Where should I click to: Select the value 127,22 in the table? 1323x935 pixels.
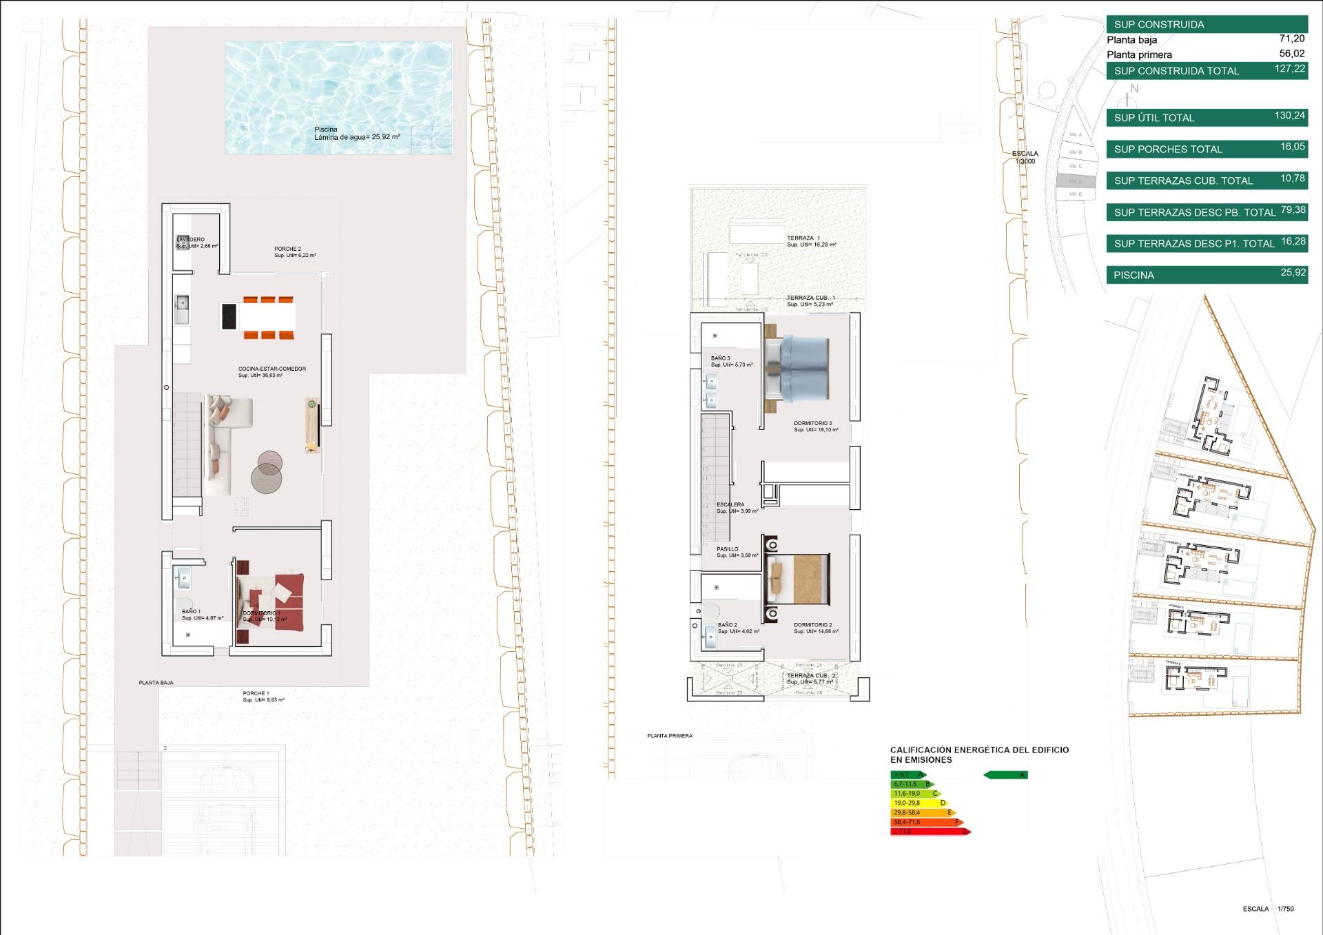point(1289,69)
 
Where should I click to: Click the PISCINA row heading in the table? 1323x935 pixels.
point(1134,275)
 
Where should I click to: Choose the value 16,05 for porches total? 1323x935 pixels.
point(1292,147)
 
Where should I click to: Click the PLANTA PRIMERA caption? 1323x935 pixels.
point(669,736)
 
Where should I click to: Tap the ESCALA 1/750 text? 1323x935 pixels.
point(1268,909)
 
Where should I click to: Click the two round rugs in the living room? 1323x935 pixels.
point(267,471)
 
